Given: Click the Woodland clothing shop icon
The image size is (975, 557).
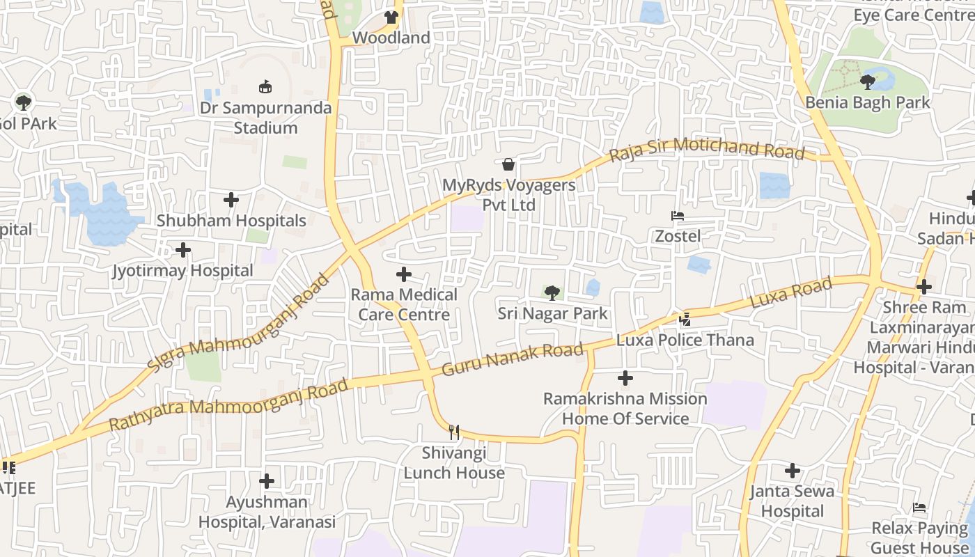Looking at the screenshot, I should pyautogui.click(x=392, y=17).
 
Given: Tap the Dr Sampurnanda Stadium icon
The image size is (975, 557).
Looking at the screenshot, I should pyautogui.click(x=265, y=87).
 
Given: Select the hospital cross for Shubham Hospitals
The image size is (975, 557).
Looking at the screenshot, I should pyautogui.click(x=231, y=200).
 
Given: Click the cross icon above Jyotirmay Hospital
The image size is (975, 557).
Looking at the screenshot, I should pyautogui.click(x=183, y=249).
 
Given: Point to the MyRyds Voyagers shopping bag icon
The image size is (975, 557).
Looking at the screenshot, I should pyautogui.click(x=508, y=164).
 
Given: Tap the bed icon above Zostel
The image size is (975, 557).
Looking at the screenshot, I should pyautogui.click(x=677, y=216).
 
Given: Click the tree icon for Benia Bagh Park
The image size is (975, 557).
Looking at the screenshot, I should pyautogui.click(x=867, y=82).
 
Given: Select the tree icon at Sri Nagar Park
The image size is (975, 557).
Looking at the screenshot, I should pyautogui.click(x=552, y=292).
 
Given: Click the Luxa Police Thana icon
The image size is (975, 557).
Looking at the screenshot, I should pyautogui.click(x=685, y=319).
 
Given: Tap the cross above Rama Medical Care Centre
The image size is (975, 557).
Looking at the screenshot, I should pyautogui.click(x=404, y=274).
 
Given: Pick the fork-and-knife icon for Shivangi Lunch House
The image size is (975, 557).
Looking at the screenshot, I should pyautogui.click(x=454, y=432).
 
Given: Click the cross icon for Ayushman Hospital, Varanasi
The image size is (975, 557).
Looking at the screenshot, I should pyautogui.click(x=267, y=481).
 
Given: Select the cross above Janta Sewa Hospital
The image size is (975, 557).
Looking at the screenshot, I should pyautogui.click(x=793, y=471).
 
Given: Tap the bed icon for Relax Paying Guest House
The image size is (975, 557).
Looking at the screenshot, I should pyautogui.click(x=919, y=508).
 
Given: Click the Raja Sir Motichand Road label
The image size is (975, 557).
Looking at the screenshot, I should pyautogui.click(x=706, y=149).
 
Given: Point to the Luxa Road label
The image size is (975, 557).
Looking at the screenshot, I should pyautogui.click(x=791, y=293).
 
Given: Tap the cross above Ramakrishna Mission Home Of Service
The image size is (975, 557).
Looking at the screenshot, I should pyautogui.click(x=625, y=378).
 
